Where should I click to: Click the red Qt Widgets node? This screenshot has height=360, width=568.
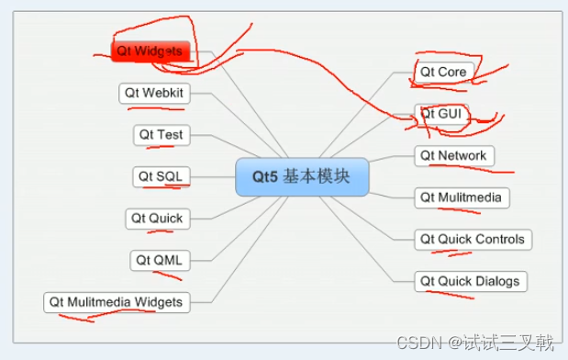151,51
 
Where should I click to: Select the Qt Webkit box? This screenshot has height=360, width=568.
154,93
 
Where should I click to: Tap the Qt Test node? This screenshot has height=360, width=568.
161,135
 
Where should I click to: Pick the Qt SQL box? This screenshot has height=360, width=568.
160,176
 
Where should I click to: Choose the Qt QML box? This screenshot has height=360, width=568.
159,260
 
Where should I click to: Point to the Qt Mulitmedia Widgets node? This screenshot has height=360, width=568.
116,301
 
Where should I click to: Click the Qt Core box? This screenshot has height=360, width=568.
444,72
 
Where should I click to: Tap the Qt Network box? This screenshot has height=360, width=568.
453,155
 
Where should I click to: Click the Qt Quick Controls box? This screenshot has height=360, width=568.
472,240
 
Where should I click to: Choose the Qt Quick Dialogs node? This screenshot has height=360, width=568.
469,281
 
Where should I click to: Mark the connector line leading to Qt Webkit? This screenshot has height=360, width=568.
216,94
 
